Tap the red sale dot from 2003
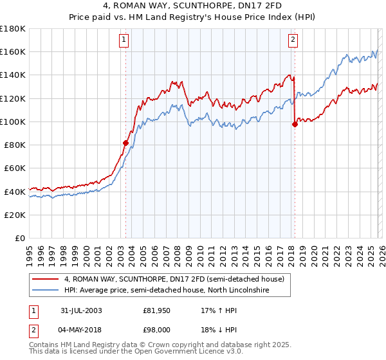[x=126, y=143]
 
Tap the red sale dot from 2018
[x=295, y=124]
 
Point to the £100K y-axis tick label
[x=12, y=122]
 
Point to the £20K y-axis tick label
[x=15, y=215]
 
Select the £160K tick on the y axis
[x=12, y=51]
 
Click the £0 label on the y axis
[x=21, y=238]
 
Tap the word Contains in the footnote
[x=43, y=346]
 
